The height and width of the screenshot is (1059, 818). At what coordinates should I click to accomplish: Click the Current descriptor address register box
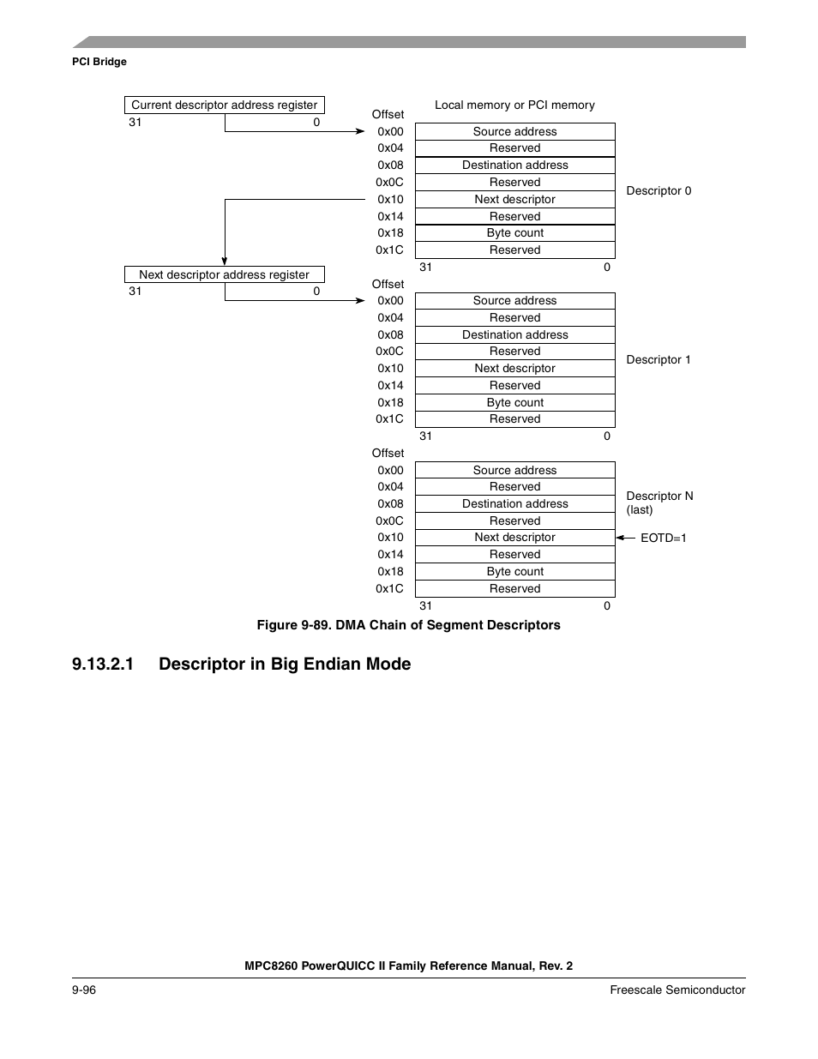pyautogui.click(x=225, y=105)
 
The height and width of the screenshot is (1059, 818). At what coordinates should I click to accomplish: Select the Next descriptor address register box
pyautogui.click(x=225, y=274)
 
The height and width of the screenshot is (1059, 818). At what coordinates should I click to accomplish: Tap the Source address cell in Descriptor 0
pyautogui.click(x=514, y=131)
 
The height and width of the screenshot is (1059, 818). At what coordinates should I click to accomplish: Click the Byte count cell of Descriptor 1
pyautogui.click(x=514, y=402)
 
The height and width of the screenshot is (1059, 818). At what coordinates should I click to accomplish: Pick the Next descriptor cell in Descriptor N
pyautogui.click(x=514, y=537)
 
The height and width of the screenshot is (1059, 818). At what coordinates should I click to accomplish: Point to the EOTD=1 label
pyautogui.click(x=664, y=538)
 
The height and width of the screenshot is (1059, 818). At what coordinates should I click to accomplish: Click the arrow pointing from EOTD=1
pyautogui.click(x=625, y=538)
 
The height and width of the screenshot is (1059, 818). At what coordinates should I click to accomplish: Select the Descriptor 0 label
pyautogui.click(x=659, y=190)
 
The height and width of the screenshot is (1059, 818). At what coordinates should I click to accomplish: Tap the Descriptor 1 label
pyautogui.click(x=659, y=359)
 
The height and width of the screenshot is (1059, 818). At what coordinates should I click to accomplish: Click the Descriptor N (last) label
pyautogui.click(x=659, y=502)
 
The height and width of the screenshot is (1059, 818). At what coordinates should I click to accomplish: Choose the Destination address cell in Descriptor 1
pyautogui.click(x=514, y=334)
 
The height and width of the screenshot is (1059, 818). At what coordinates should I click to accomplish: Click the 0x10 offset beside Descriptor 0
pyautogui.click(x=390, y=199)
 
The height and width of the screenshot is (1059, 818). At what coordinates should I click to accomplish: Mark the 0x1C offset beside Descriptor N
pyautogui.click(x=389, y=588)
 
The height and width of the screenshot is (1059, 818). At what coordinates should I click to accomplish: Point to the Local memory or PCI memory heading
pyautogui.click(x=514, y=105)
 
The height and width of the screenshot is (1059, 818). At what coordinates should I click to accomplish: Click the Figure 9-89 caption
pyautogui.click(x=408, y=625)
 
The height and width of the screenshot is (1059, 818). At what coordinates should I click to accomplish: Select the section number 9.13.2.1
pyautogui.click(x=103, y=664)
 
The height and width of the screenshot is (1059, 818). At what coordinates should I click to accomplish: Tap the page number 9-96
pyautogui.click(x=84, y=990)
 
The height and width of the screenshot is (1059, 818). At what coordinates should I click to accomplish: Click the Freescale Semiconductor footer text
pyautogui.click(x=677, y=990)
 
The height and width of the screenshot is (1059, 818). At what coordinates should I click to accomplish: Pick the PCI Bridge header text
pyautogui.click(x=99, y=62)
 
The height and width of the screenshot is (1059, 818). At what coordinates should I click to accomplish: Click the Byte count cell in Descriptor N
pyautogui.click(x=514, y=571)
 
